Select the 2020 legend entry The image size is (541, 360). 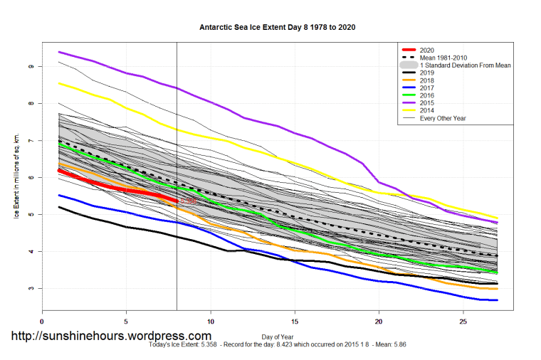426,50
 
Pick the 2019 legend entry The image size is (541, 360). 426,73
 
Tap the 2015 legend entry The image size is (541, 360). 426,102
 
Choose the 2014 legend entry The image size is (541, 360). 426,110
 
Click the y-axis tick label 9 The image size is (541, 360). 31,66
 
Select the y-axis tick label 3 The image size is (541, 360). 31,288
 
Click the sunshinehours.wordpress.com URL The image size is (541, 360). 110,336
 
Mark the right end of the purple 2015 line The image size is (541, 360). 497,223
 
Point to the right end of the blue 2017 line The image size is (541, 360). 497,300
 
